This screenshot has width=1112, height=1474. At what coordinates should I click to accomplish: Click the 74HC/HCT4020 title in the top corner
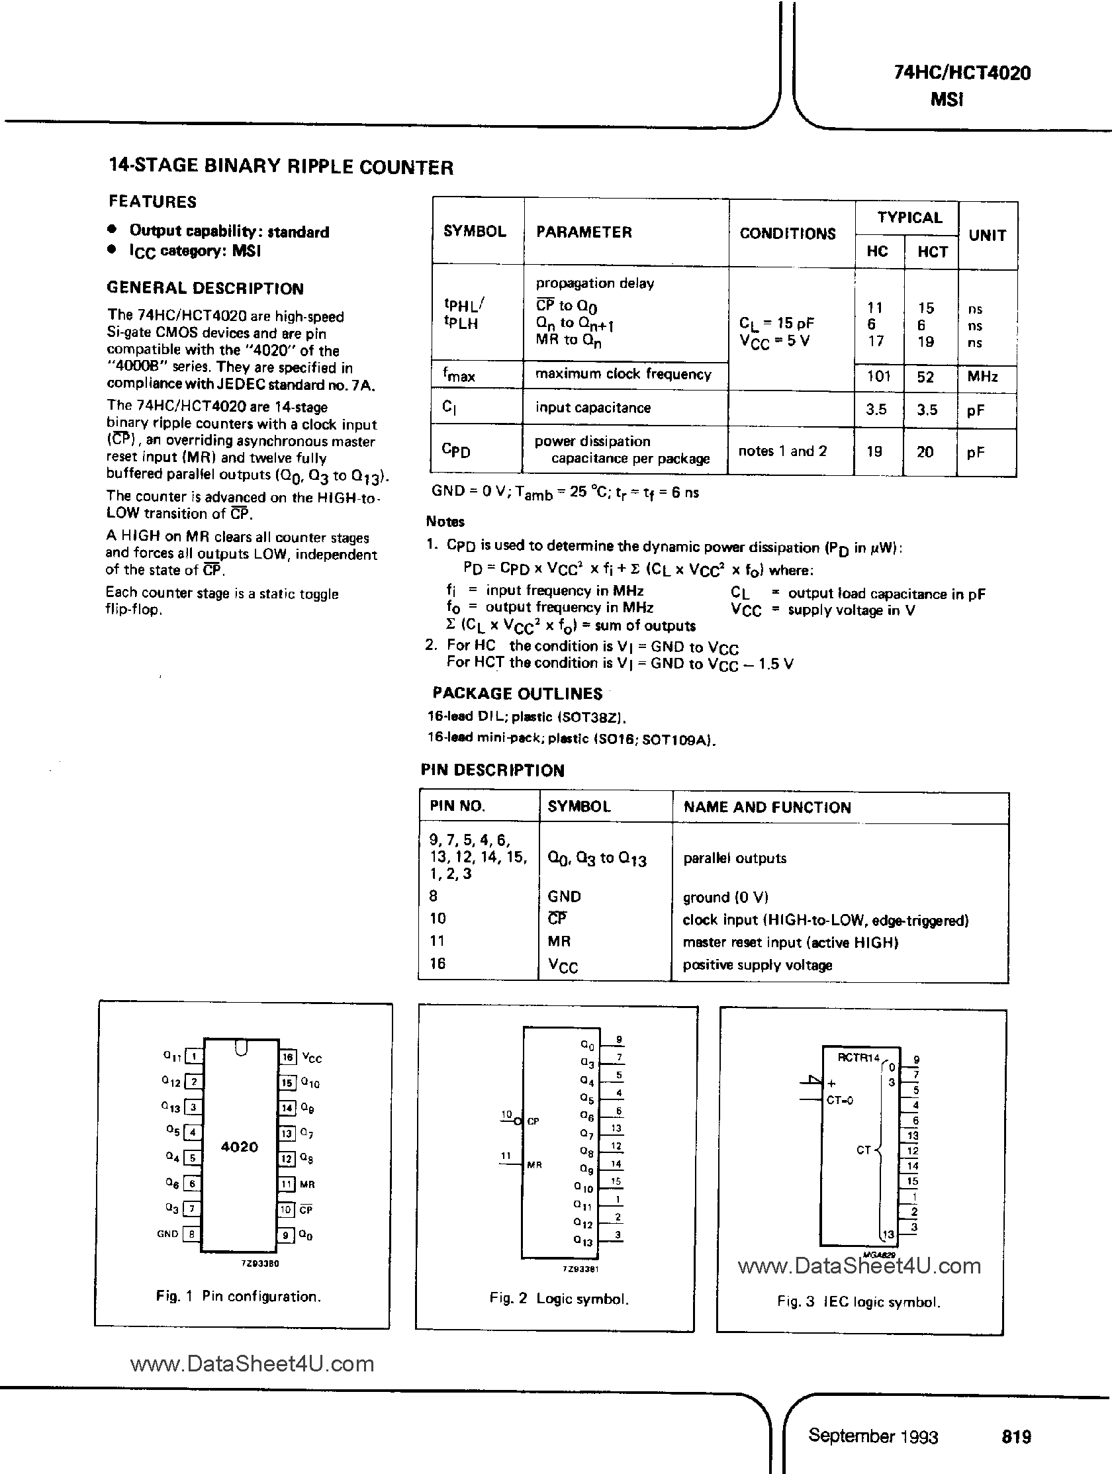tap(962, 73)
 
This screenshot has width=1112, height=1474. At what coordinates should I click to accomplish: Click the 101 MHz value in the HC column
tap(878, 376)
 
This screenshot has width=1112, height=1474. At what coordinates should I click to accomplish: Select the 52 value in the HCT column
tap(925, 377)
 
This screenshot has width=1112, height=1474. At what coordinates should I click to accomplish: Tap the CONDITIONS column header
tap(788, 234)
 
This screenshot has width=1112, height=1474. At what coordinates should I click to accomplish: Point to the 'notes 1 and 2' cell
tap(782, 451)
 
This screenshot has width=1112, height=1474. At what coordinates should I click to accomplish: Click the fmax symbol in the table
tap(459, 375)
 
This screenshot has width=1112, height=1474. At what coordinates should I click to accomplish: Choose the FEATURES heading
tap(153, 202)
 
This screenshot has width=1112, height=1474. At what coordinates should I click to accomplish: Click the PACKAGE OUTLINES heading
tap(517, 694)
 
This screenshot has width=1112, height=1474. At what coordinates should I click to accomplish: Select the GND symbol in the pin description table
tap(564, 896)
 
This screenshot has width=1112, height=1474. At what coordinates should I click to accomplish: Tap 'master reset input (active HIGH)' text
tap(790, 943)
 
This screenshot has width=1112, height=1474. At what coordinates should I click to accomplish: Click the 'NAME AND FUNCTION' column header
tap(767, 807)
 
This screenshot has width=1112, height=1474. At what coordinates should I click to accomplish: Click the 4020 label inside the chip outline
tap(239, 1147)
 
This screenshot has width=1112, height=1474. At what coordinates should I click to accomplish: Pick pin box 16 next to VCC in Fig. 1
tap(287, 1057)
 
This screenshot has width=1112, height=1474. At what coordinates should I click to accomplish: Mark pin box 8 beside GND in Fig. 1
tap(191, 1234)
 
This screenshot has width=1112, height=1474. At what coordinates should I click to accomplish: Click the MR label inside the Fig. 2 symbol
tap(534, 1165)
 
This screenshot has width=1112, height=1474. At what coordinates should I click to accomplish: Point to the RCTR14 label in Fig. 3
tap(858, 1058)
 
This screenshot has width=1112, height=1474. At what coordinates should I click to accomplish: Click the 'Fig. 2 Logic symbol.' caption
tap(559, 1299)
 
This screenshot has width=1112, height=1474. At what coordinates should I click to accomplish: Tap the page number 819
tap(1016, 1437)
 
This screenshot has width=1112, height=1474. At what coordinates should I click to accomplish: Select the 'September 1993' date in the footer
tap(873, 1436)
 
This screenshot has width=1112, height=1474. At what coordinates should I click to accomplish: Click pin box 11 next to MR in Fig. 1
tap(287, 1184)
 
